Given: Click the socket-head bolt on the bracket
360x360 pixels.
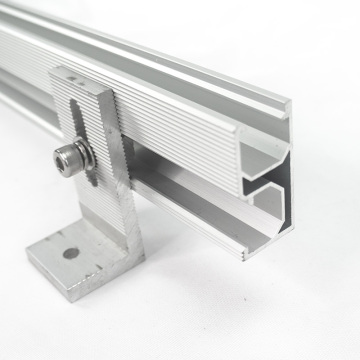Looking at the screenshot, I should pos(68,157).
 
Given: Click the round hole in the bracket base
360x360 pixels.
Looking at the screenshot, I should pos(71,252).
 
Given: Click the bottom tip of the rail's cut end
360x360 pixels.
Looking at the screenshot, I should pos(243,256).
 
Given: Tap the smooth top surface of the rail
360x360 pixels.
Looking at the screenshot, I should pos(150,50).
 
